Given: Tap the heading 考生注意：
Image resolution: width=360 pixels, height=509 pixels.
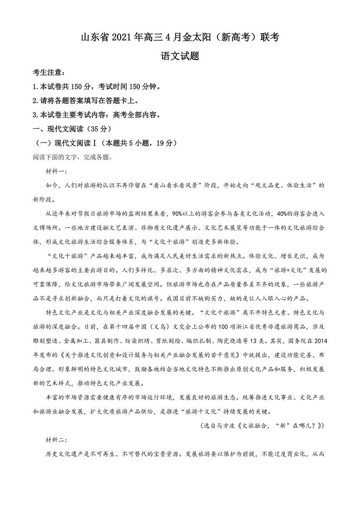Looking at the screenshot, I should click(49, 73).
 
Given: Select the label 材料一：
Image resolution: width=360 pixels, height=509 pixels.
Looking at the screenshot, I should click(57, 172).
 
